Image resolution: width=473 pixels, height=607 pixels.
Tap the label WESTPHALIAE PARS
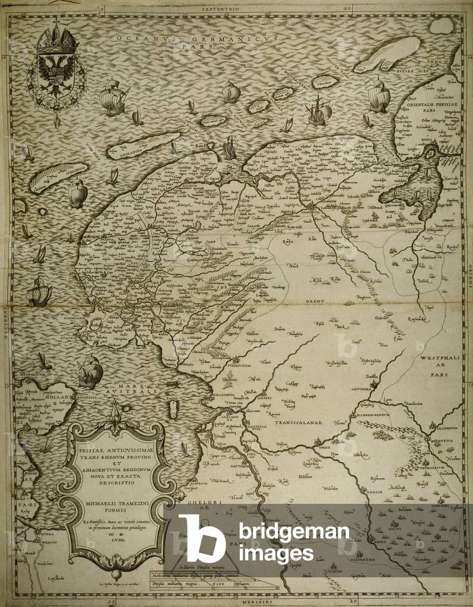(x=439, y=367)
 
